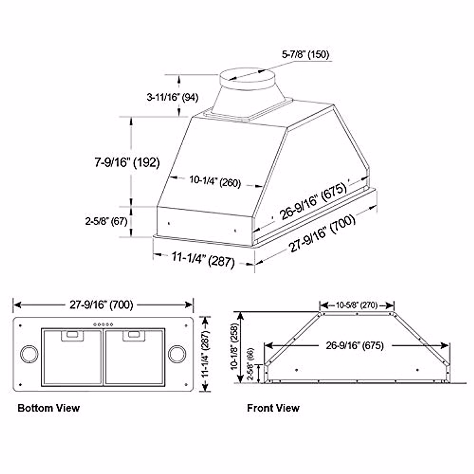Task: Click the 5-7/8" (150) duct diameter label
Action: (x=305, y=54)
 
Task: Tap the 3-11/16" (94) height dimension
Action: (x=172, y=97)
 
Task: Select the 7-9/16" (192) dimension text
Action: (x=127, y=162)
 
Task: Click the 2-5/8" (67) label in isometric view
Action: (x=106, y=221)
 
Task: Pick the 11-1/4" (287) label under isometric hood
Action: (x=203, y=260)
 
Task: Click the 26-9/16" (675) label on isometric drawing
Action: (x=313, y=201)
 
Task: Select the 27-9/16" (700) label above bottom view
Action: (x=102, y=305)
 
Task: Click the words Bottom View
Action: (x=49, y=408)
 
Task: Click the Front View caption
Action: (x=273, y=408)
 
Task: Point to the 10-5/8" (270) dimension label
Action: (x=357, y=305)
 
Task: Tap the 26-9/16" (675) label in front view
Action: (x=355, y=345)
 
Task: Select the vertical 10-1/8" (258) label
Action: (x=235, y=347)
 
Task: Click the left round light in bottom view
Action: (x=29, y=354)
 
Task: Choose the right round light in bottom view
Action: (x=177, y=354)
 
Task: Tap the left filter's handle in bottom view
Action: (x=73, y=335)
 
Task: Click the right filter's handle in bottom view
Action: (x=134, y=335)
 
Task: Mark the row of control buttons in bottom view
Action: (x=103, y=324)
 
